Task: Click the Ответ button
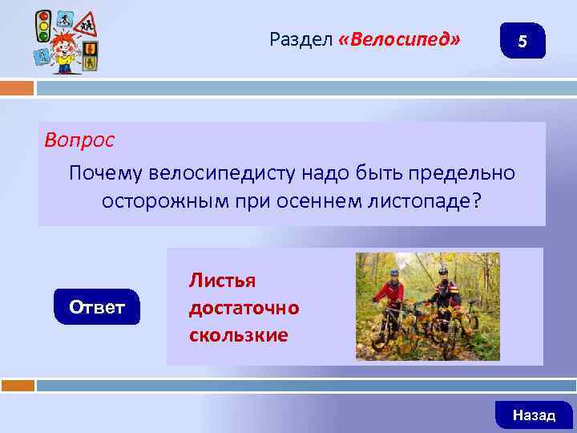point(97,307)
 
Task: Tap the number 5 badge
point(522,42)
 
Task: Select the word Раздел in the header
point(301,38)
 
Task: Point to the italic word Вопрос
point(79,140)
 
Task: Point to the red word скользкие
point(238,334)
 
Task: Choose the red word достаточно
point(244,307)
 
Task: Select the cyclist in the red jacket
point(391,297)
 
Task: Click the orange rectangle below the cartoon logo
point(17,87)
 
